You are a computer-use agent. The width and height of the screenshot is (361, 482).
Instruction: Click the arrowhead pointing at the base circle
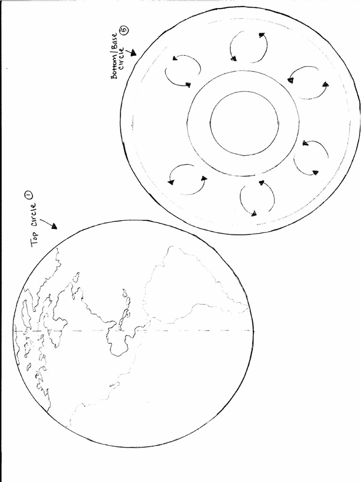click(x=133, y=53)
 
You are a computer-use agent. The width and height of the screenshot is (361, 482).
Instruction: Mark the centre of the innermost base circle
click(x=244, y=123)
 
